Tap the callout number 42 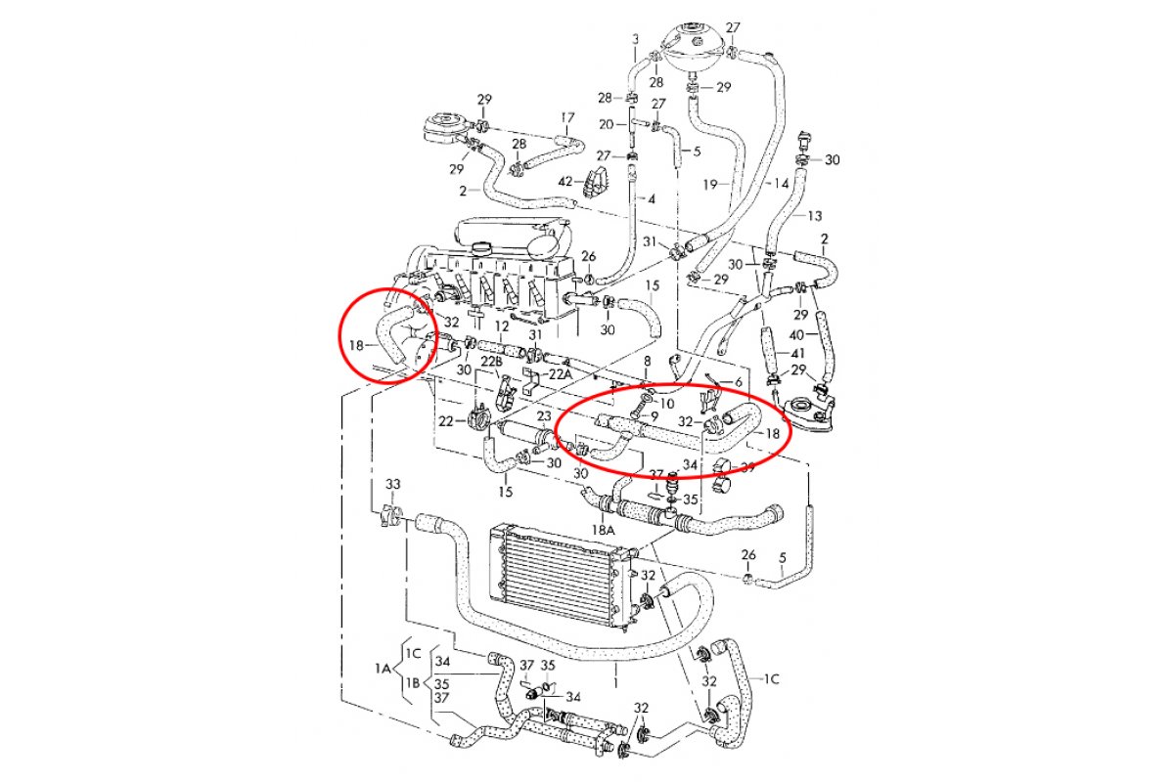pos(565,182)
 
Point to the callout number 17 pos(567,118)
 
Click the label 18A pos(603,530)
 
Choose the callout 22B pos(491,361)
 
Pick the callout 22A pos(560,374)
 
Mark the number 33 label pos(393,484)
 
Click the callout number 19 pos(710,185)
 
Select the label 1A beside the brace pos(383,669)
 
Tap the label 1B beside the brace pos(413,683)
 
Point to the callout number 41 pos(797,354)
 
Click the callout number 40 pos(796,334)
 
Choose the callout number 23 pos(544,415)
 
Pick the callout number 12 pos(502,326)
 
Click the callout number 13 pos(815,215)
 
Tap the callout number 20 pos(607,124)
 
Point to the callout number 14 pos(781,184)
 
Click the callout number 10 pos(666,404)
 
